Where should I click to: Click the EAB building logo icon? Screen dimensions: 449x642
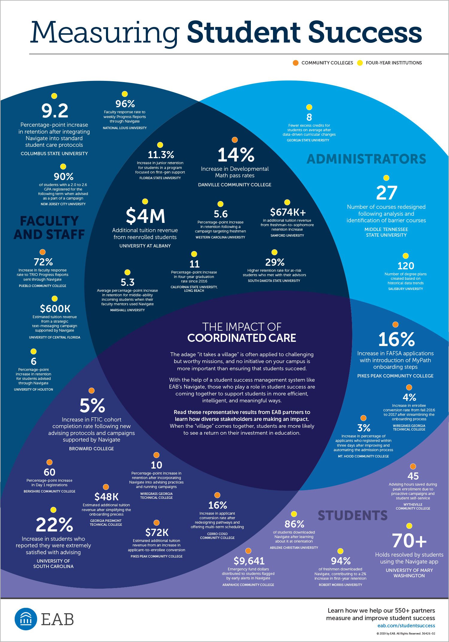point(26,619)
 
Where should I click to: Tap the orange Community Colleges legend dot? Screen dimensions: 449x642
point(295,63)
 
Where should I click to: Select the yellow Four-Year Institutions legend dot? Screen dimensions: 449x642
point(360,63)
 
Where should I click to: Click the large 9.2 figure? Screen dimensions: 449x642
point(55,111)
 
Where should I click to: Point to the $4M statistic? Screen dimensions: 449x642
point(145,216)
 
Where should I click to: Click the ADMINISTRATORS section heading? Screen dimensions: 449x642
point(366,159)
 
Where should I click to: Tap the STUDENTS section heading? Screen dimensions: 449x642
point(353,516)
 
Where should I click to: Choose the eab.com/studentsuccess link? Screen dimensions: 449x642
point(406,626)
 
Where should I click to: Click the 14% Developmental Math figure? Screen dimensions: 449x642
point(236,155)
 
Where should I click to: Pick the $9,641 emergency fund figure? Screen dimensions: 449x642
point(249,561)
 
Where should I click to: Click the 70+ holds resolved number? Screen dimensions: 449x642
point(409,541)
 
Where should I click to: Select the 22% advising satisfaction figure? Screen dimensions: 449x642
point(54,525)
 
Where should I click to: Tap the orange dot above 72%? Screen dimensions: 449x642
point(43,252)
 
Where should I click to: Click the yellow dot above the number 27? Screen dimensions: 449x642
point(386,178)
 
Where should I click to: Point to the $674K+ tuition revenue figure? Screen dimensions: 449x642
point(288,212)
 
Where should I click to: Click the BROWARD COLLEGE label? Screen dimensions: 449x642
point(92,448)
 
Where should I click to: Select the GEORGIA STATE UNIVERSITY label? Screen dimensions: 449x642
point(308,140)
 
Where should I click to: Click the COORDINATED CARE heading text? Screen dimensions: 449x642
point(242,338)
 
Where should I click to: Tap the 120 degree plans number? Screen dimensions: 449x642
point(406,266)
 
